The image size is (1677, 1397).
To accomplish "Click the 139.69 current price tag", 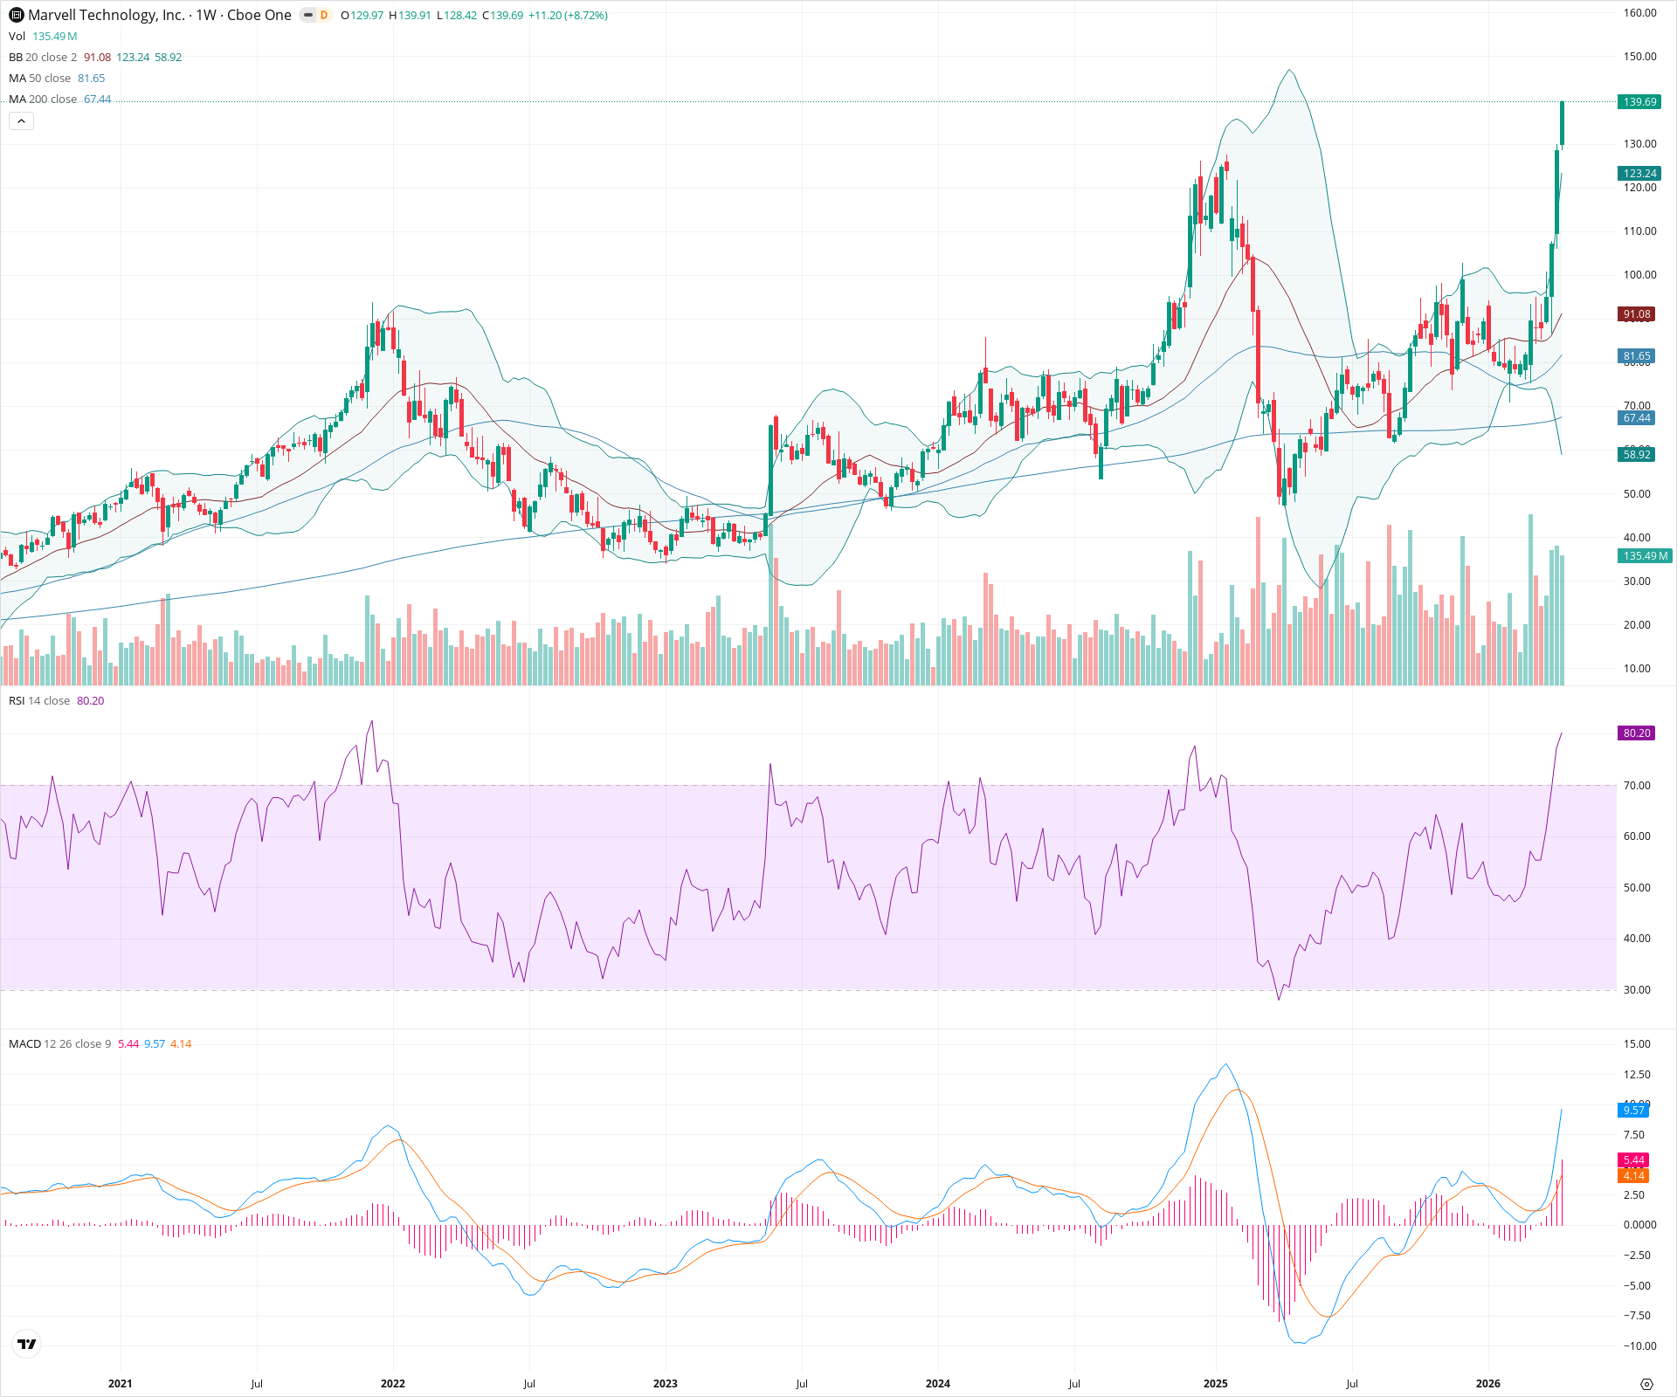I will (1639, 102).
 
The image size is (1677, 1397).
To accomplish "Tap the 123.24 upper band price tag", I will (1639, 174).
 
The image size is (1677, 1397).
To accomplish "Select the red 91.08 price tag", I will (1637, 314).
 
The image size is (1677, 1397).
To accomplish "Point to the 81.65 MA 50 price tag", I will (1637, 356).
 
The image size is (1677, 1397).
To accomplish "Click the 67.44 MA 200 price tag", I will (1637, 418).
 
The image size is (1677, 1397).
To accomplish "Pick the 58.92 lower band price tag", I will (1637, 455).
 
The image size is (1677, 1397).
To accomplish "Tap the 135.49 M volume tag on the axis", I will (1645, 556).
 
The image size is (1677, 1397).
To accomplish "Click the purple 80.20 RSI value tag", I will (1637, 733).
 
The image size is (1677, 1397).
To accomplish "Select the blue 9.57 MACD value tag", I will (1633, 1111).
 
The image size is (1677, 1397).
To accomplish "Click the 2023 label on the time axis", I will (665, 1384).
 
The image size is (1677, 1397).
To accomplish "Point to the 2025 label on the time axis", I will (1215, 1384).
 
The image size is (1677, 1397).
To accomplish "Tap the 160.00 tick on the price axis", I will (1639, 13).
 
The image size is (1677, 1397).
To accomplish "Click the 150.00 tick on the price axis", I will (1639, 57).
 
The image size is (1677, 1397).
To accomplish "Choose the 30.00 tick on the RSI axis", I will (1637, 990).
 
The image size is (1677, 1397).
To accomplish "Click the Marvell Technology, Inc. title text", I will (106, 15).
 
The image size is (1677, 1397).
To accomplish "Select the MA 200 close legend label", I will (43, 100).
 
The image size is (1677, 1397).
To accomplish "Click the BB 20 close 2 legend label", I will (43, 58).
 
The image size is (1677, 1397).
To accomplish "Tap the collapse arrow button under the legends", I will (21, 121).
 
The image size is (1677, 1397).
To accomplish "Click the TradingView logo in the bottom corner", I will (27, 1345).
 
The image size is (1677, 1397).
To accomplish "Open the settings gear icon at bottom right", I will (1646, 1384).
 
